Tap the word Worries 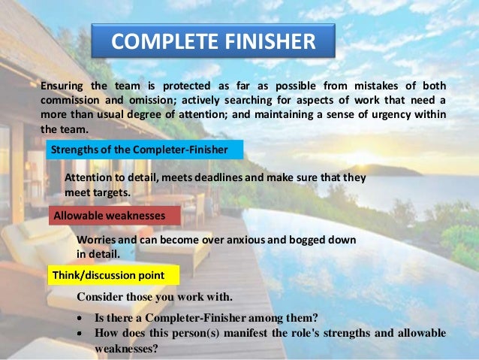tap(98, 239)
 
